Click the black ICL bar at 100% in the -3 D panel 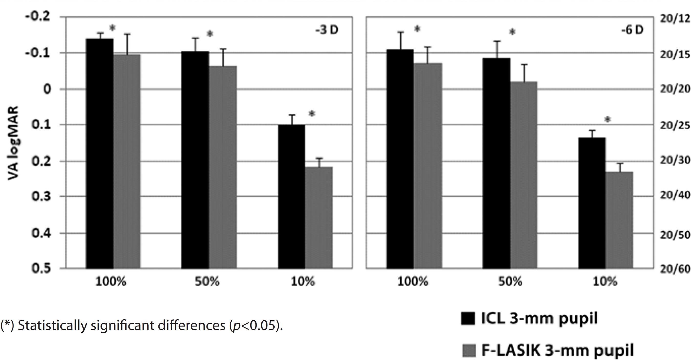pyautogui.click(x=100, y=153)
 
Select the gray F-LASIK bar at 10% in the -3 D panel pyautogui.click(x=319, y=217)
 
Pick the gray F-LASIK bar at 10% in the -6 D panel pyautogui.click(x=619, y=220)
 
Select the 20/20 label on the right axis pyautogui.click(x=674, y=89)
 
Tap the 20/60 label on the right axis pyautogui.click(x=675, y=269)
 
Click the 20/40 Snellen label pyautogui.click(x=675, y=195)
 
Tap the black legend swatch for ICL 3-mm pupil pyautogui.click(x=468, y=318)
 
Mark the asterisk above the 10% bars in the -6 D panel pyautogui.click(x=608, y=119)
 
